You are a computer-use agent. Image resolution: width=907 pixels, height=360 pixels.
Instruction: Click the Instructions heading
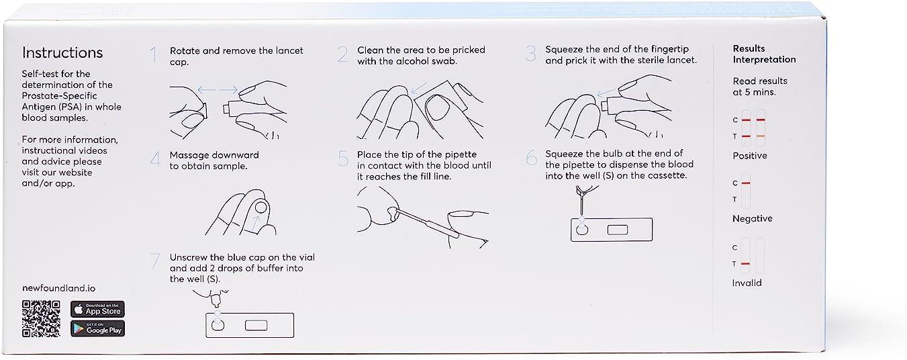62,52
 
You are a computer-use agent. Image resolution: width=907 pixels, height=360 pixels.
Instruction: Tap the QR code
41,319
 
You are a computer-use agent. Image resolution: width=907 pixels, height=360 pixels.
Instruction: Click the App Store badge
97,310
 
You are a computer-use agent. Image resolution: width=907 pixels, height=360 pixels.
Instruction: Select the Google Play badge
97,328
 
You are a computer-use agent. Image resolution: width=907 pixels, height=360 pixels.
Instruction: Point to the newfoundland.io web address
58,288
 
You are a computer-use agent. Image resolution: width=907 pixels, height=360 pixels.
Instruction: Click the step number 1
154,54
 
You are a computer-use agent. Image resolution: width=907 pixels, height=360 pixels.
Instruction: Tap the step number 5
343,159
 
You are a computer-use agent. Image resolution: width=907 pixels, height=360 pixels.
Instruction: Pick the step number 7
155,261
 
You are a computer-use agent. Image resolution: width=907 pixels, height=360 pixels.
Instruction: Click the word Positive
750,156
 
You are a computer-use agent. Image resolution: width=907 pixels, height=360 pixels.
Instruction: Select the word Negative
753,219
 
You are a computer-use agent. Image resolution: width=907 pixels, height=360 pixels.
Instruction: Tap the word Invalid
747,283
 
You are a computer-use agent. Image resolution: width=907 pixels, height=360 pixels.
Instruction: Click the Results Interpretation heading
764,54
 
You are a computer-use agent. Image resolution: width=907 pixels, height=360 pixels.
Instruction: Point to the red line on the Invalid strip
745,264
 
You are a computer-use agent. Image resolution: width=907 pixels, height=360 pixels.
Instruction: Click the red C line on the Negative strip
746,183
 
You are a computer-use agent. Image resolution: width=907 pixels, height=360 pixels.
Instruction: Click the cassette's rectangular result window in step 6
618,230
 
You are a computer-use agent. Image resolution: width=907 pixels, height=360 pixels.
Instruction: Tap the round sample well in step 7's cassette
218,325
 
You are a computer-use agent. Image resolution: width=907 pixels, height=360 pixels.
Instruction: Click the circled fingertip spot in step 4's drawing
261,208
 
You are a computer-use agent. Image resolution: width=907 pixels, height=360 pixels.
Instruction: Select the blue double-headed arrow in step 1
218,89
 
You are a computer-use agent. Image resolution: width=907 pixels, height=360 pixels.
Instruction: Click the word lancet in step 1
289,50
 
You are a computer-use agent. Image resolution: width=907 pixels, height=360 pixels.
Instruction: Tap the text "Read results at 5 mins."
760,87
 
